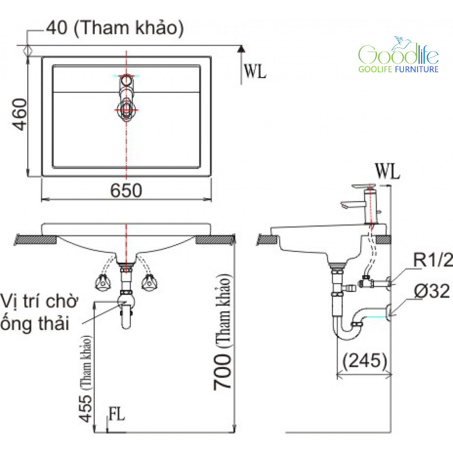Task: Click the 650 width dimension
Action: coord(126,191)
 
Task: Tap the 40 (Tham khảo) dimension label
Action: coord(114,28)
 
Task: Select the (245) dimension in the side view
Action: coord(364,361)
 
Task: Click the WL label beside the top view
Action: coord(254,72)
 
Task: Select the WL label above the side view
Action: coord(387,171)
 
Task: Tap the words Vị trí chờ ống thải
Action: coord(39,312)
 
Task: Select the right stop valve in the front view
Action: coord(149,283)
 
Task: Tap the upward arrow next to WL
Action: coord(241,49)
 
